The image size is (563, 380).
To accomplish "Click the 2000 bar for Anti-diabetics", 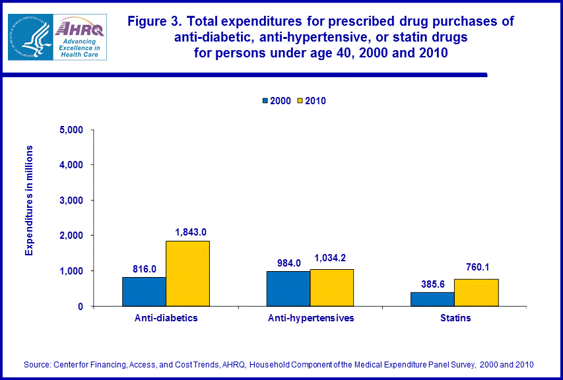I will (x=144, y=292).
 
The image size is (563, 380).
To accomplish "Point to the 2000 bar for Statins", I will (x=432, y=299).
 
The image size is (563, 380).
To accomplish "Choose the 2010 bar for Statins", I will (x=476, y=292).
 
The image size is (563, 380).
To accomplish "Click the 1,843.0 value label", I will (x=191, y=232).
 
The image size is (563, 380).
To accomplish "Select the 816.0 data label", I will (x=145, y=268).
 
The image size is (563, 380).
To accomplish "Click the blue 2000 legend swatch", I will (x=266, y=101).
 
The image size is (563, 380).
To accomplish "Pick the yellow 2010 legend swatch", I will (x=298, y=101).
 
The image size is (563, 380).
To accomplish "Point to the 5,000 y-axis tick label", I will (x=71, y=129).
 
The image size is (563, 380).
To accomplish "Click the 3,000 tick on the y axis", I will (x=71, y=200).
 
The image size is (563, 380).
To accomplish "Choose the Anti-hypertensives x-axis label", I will (x=311, y=318).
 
